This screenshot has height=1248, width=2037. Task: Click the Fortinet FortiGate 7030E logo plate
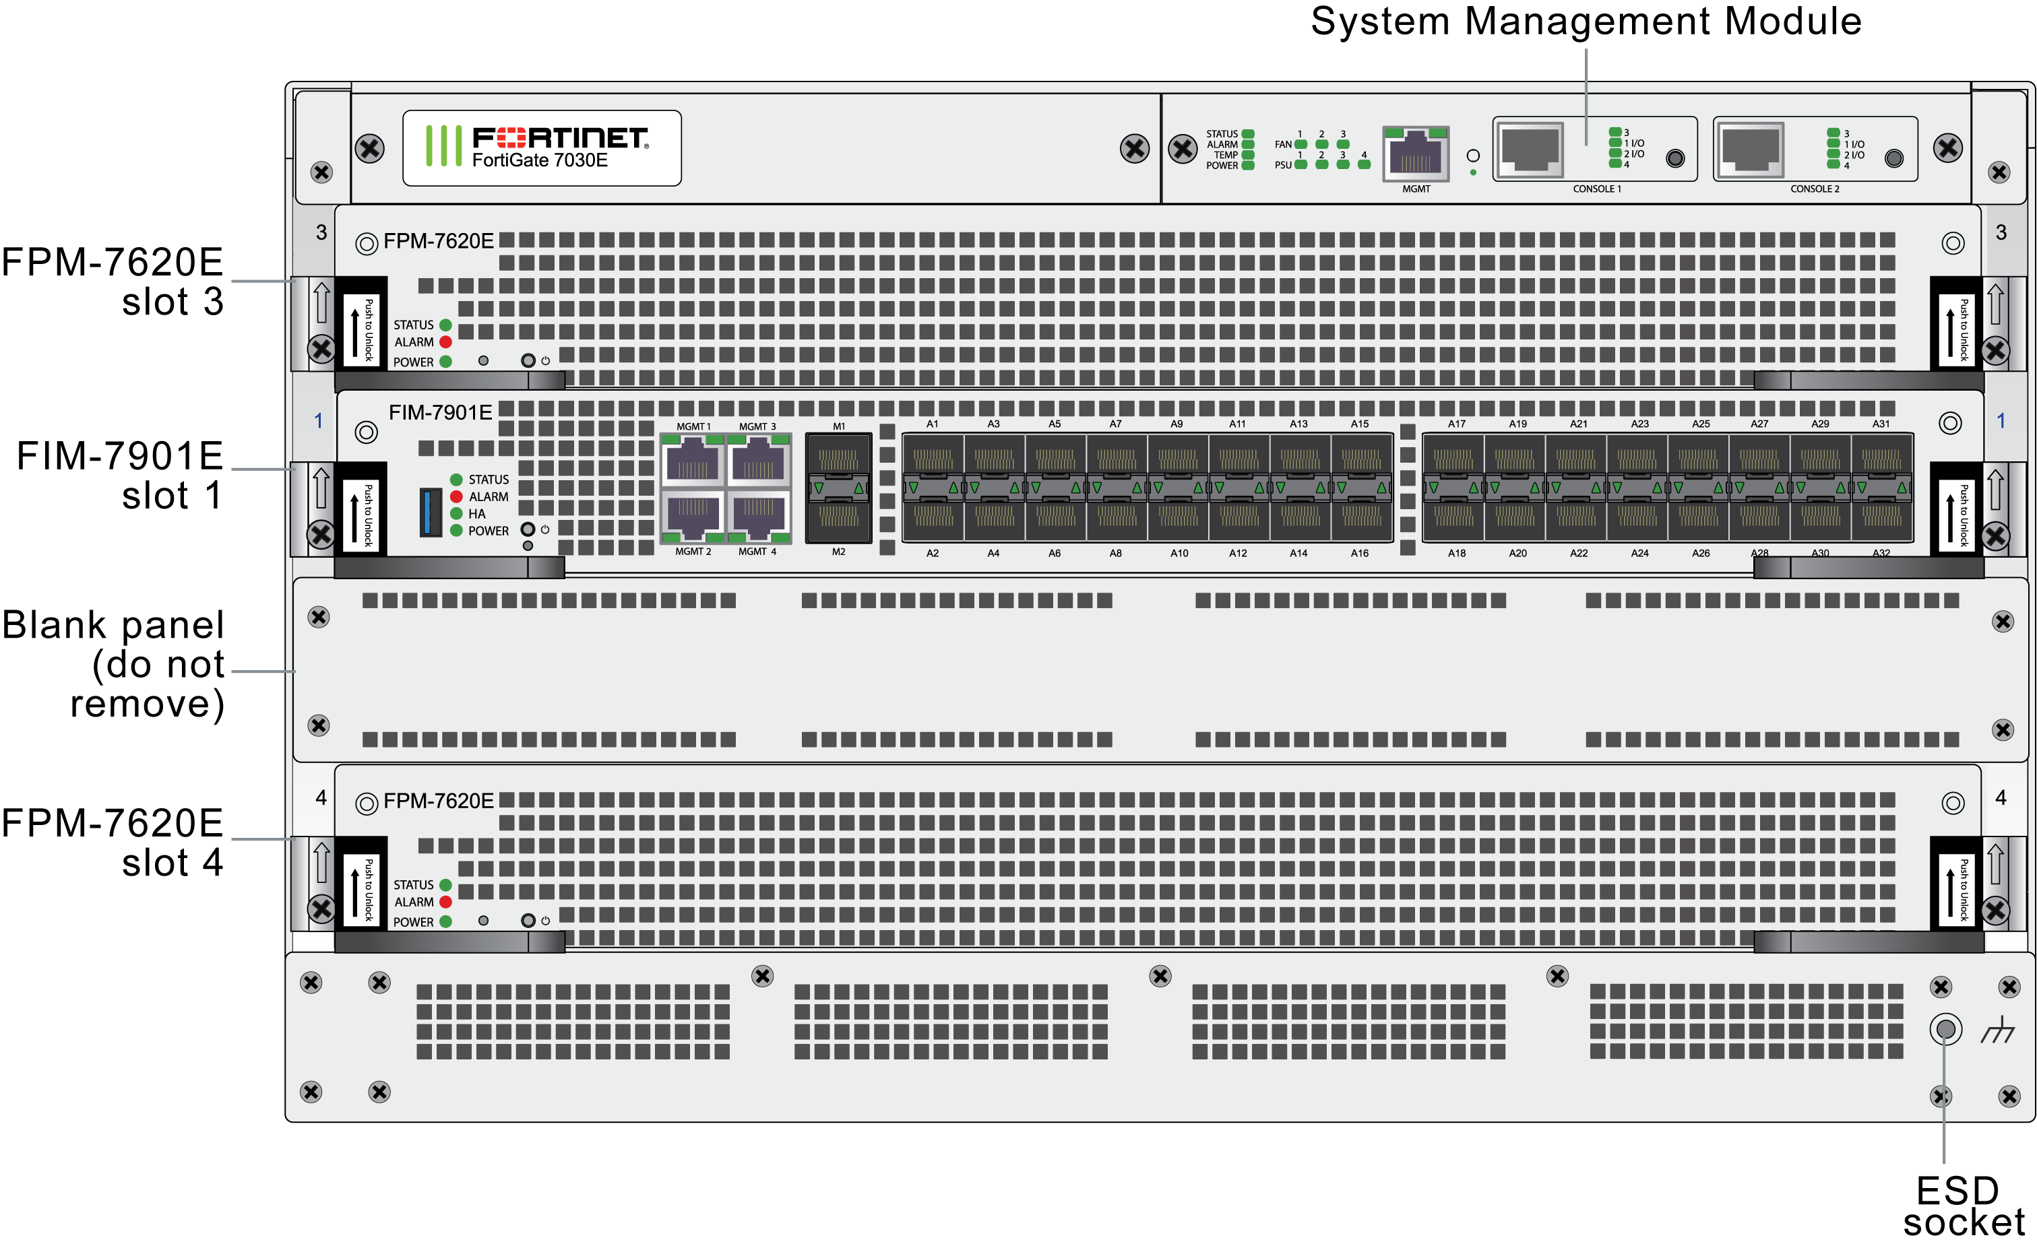coord(542,148)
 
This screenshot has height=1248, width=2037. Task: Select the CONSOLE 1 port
coord(1530,150)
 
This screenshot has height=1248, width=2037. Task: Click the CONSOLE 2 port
coord(1749,150)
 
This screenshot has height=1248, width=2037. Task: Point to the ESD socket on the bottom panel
coord(1945,1029)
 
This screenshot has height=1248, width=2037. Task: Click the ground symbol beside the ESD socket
coord(1997,1030)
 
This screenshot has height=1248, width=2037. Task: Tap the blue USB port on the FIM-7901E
coord(430,512)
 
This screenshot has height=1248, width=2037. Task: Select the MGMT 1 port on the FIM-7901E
coord(693,461)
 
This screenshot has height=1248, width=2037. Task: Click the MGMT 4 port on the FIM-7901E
coord(757,517)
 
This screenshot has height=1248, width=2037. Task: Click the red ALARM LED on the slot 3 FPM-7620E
coord(445,342)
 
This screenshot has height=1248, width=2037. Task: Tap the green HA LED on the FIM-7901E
coord(456,514)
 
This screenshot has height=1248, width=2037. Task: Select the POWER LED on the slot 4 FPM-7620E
coord(445,921)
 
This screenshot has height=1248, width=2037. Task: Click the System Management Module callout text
coord(1585,22)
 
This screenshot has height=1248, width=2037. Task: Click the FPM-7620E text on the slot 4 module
coord(438,801)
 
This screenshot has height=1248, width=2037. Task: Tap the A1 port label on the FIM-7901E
coord(932,424)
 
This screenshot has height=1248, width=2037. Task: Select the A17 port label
coord(1456,424)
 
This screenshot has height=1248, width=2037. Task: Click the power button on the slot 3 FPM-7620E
coord(528,360)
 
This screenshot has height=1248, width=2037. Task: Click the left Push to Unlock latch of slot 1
coord(361,513)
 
